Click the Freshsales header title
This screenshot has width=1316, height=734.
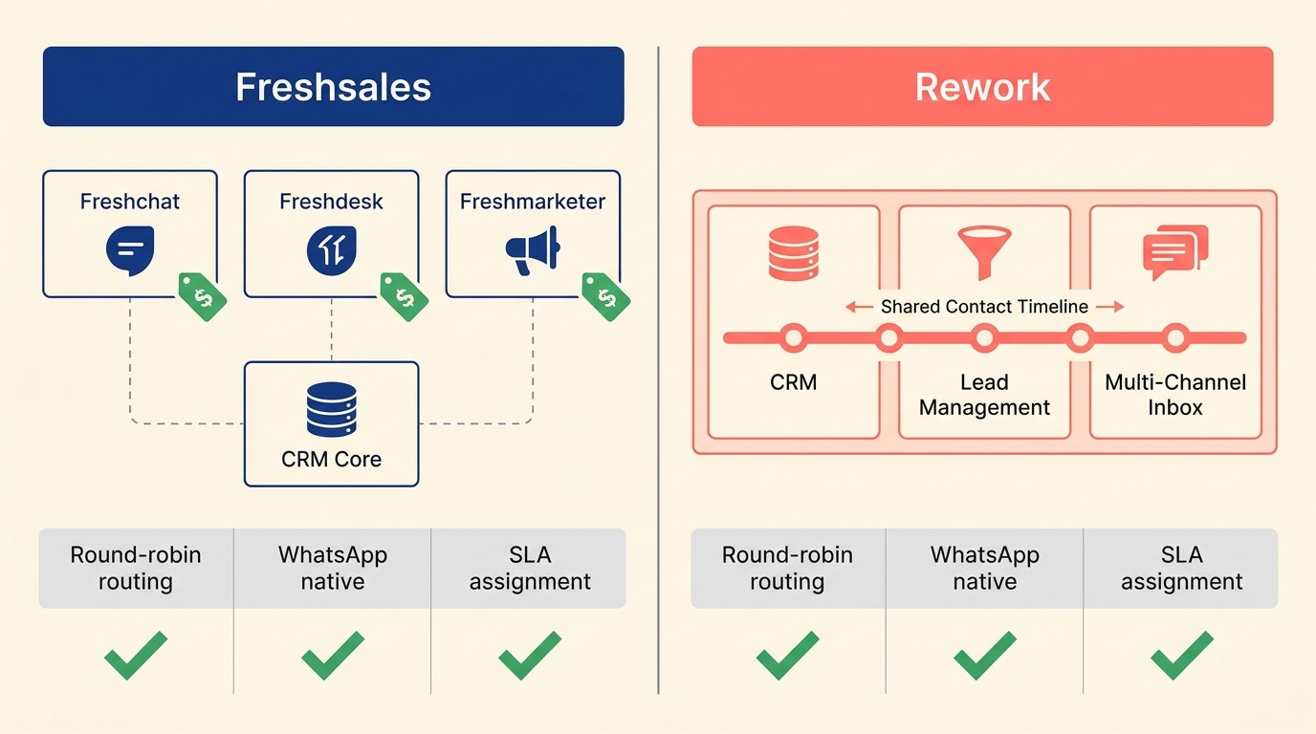point(333,87)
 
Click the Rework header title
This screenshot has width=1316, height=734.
point(982,87)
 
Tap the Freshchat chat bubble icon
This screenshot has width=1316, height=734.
point(130,251)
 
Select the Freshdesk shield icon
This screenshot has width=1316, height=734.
point(331,251)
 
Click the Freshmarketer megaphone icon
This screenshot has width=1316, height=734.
point(533,250)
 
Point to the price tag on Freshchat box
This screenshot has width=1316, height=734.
point(203,296)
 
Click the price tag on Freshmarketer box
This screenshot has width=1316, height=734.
point(606,296)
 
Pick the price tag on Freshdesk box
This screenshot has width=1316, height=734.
point(405,296)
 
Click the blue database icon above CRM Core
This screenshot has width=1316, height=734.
point(331,409)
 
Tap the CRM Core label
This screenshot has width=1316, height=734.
point(331,460)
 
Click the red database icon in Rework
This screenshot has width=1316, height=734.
point(794,252)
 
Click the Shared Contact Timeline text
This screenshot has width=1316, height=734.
point(984,307)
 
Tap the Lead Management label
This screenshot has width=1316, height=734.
point(984,395)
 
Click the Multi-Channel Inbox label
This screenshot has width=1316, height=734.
point(1175,395)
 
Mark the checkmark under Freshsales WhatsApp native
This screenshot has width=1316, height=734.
point(332,656)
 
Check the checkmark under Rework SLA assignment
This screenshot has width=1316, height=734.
point(1181,656)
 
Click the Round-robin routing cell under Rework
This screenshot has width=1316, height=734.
point(787,569)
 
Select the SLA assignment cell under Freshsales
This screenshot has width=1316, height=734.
point(529,569)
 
